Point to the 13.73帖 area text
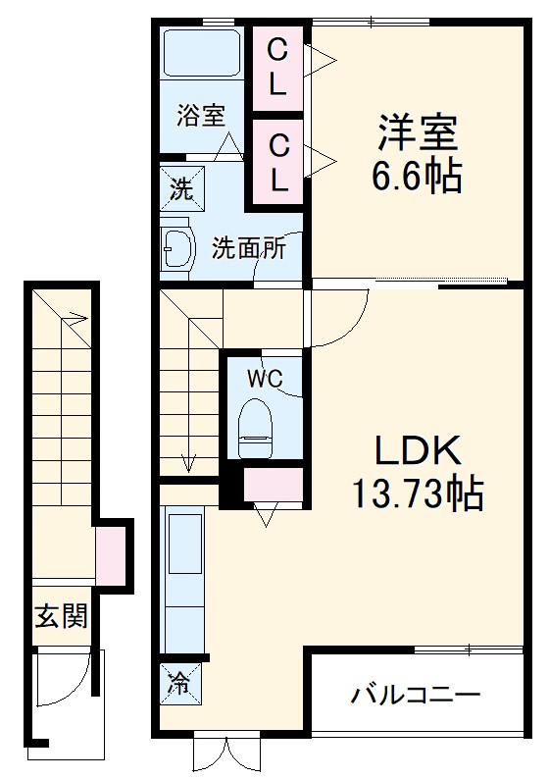coord(417,493)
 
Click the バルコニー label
coord(417,697)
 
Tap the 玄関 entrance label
coord(62,616)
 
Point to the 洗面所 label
coord(249,247)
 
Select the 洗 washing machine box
coord(181,187)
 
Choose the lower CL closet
coord(278,162)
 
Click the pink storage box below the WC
coord(273,484)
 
